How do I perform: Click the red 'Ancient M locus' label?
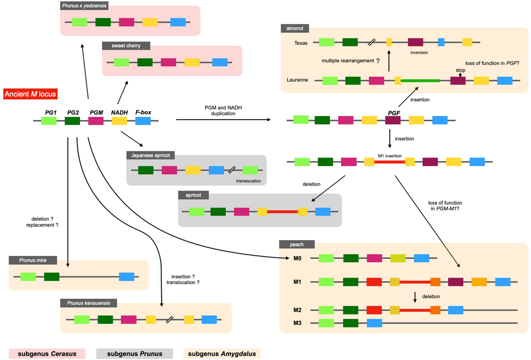pyautogui.click(x=30, y=94)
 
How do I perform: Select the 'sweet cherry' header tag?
pyautogui.click(x=127, y=46)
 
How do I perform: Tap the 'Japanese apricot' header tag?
pyautogui.click(x=150, y=155)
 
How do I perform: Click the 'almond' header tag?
pyautogui.click(x=295, y=28)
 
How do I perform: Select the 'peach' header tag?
pyautogui.click(x=297, y=244)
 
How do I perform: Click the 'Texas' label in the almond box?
pyautogui.click(x=301, y=43)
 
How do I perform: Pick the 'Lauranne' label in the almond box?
pyautogui.click(x=298, y=81)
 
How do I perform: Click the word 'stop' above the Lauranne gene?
pyautogui.click(x=460, y=70)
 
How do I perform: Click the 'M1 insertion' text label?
pyautogui.click(x=389, y=155)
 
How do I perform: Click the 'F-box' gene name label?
pyautogui.click(x=143, y=112)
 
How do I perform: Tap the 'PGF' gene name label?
pyautogui.click(x=393, y=113)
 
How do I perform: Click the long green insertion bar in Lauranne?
pyautogui.click(x=420, y=81)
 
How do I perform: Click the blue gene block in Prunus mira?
pyautogui.click(x=127, y=277)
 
